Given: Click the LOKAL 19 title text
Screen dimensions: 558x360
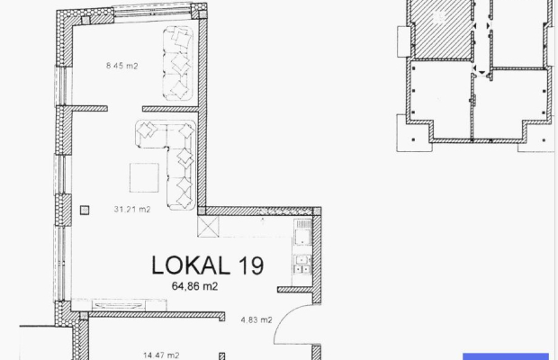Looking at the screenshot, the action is click(x=208, y=265).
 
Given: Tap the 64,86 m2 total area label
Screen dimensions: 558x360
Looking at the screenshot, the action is click(x=194, y=286).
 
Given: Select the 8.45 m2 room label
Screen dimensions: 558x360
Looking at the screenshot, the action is click(x=122, y=66).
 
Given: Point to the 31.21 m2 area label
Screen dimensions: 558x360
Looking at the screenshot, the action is click(x=132, y=209).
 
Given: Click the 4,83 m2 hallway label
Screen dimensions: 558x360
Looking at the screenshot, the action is click(x=256, y=319).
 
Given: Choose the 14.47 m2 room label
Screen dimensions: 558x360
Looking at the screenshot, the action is click(x=161, y=355).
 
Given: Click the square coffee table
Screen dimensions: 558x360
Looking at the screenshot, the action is click(x=144, y=177).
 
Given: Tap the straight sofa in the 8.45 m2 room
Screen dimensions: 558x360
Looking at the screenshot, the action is click(x=178, y=63).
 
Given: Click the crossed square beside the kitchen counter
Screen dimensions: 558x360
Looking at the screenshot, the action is click(x=208, y=226).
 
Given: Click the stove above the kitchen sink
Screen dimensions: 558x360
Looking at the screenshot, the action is click(x=302, y=232).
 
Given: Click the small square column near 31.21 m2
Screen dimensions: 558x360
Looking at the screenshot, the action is click(x=85, y=211).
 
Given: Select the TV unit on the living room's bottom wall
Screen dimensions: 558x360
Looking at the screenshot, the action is click(x=119, y=305).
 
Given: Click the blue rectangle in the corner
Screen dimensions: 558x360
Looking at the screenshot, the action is click(x=506, y=356).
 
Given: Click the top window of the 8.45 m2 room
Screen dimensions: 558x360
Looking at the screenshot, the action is click(x=152, y=11).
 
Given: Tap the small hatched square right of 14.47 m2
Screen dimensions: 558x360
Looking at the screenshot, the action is click(x=221, y=356).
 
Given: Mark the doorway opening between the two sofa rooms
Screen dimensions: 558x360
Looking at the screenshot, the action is click(x=125, y=109).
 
